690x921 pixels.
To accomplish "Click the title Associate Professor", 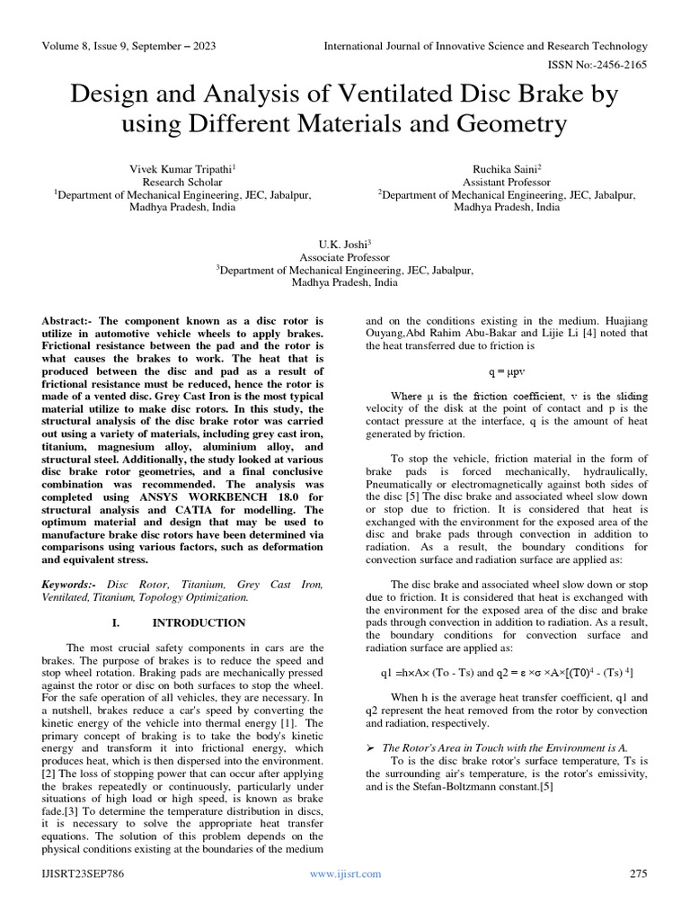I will click(344, 256).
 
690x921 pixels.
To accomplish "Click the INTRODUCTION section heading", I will click(199, 622).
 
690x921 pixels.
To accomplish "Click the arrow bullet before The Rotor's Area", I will click(370, 747).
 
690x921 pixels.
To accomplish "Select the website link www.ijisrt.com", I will click(345, 873).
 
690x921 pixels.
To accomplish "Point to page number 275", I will click(637, 873).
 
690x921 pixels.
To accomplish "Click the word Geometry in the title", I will click(509, 123).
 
